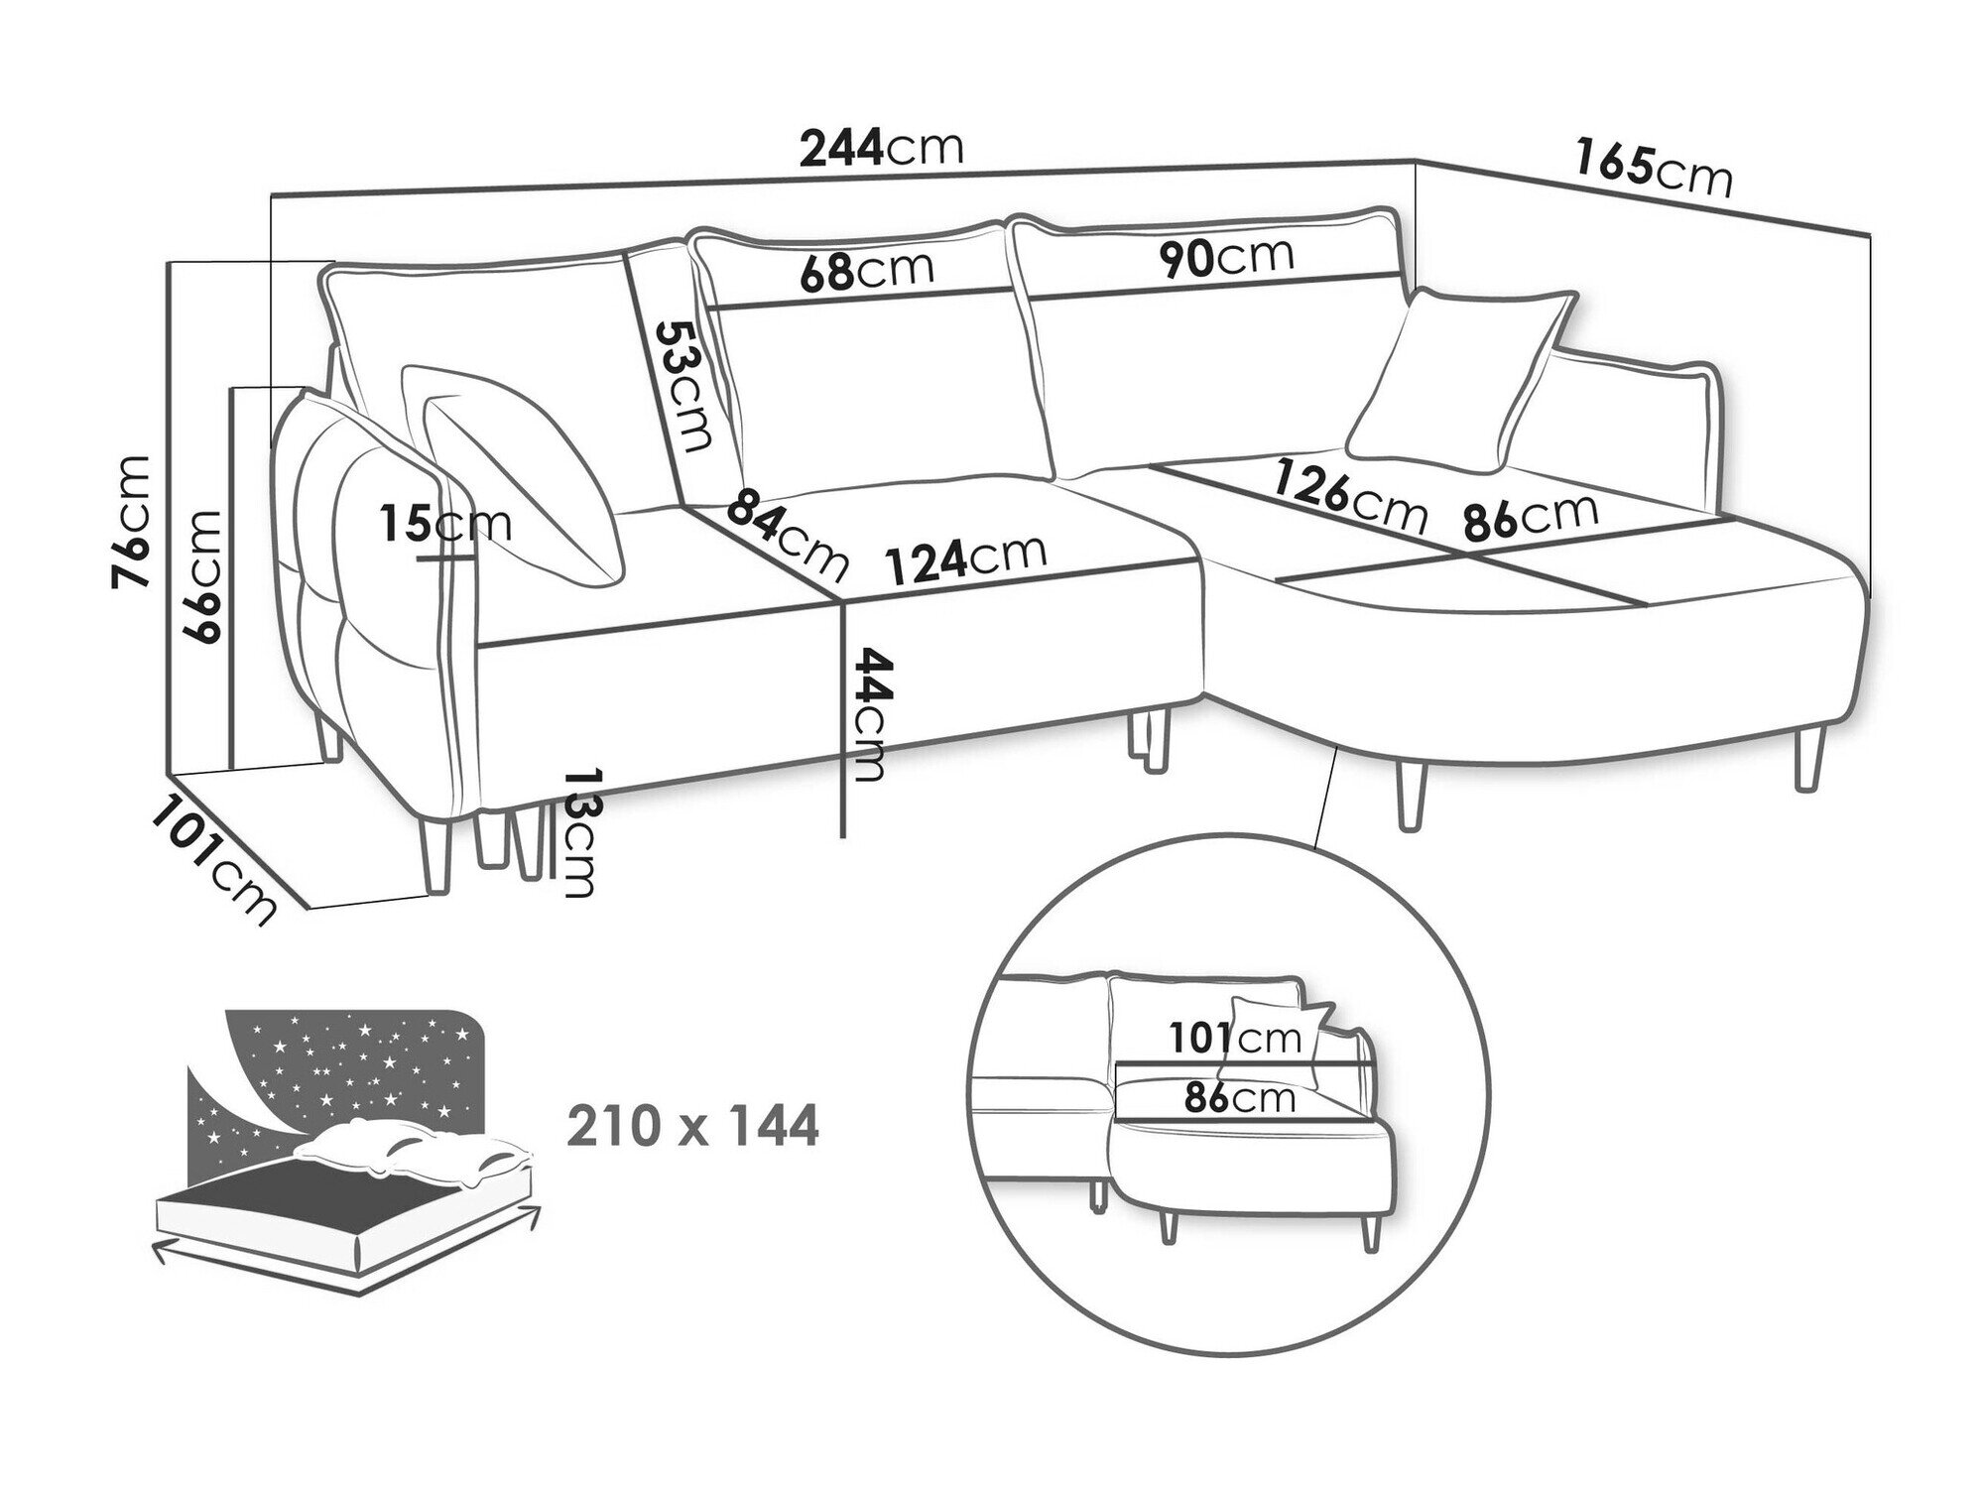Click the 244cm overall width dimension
point(882,148)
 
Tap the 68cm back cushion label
point(867,271)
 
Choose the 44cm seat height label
point(869,714)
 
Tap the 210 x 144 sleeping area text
point(693,1127)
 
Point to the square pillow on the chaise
point(1460,381)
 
